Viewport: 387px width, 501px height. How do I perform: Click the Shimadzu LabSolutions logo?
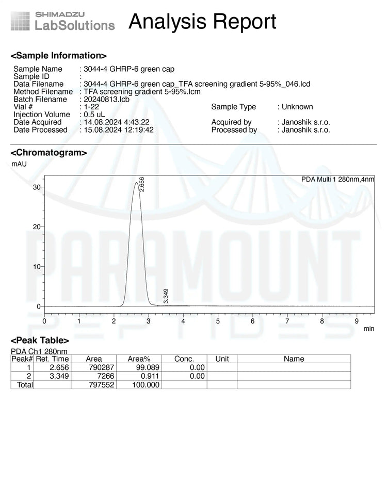(x=63, y=21)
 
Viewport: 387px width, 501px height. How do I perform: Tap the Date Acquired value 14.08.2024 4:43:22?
(x=117, y=122)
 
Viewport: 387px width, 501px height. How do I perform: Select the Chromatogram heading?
(x=49, y=153)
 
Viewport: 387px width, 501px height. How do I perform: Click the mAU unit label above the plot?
(x=19, y=164)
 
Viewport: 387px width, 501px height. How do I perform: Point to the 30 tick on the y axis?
(x=37, y=187)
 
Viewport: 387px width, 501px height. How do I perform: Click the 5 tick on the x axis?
(x=218, y=321)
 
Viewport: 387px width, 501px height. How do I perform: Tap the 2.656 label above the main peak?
(x=142, y=185)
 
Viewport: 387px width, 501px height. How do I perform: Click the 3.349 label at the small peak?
(x=166, y=296)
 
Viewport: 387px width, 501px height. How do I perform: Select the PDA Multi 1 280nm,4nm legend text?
(x=337, y=180)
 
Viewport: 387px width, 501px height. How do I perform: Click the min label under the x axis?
(x=369, y=329)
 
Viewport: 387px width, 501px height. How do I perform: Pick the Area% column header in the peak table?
(x=139, y=359)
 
